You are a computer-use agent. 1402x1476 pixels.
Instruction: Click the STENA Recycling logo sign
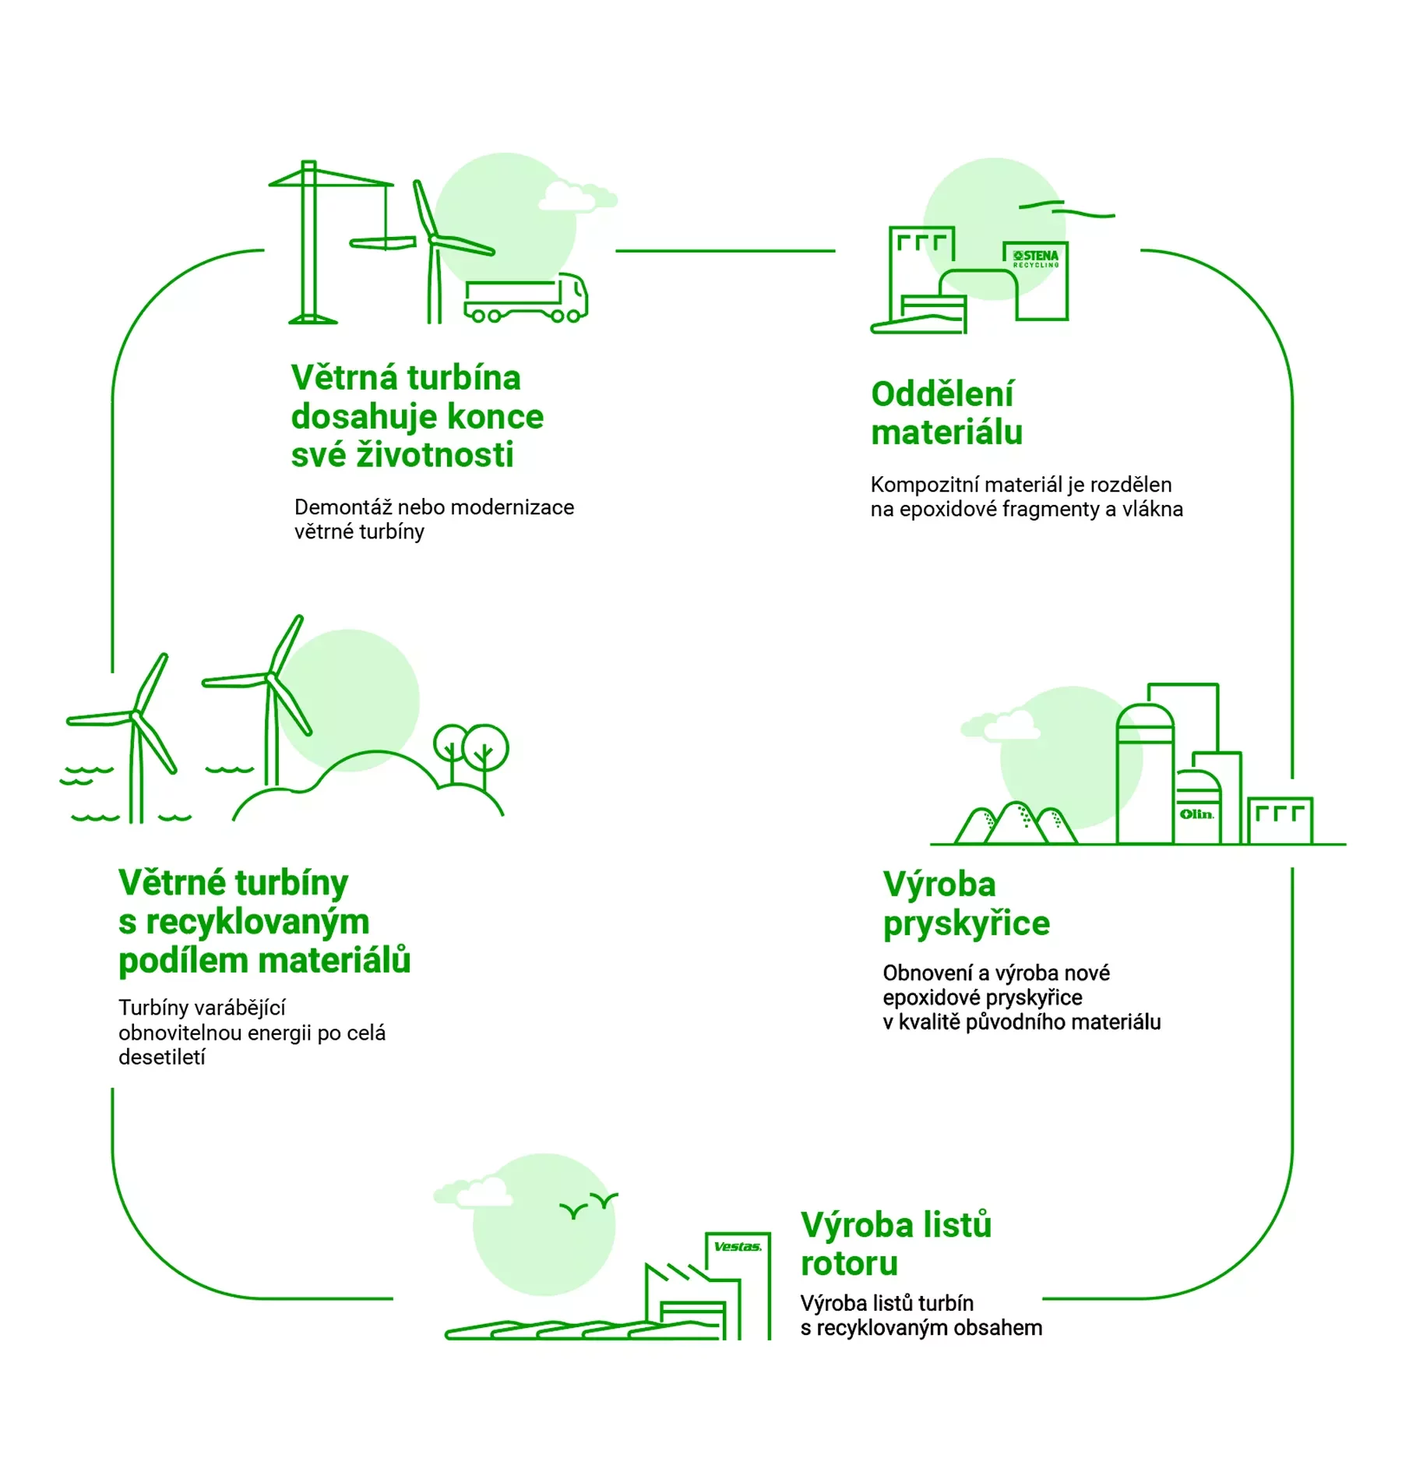(1035, 259)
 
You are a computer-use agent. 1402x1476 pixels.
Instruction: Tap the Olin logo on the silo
(1196, 814)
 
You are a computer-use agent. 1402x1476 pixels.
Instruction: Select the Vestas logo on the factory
(737, 1247)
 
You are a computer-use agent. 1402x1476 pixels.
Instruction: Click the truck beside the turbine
(526, 299)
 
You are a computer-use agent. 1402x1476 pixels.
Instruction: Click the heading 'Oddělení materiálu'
(946, 413)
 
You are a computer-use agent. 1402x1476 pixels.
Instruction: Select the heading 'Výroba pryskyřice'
(966, 904)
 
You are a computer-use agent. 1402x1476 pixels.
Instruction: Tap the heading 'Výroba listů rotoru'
(896, 1244)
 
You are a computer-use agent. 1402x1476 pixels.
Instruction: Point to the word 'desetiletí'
(162, 1058)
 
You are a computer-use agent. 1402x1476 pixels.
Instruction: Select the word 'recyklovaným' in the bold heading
(257, 922)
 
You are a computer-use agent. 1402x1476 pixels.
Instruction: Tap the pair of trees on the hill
(471, 750)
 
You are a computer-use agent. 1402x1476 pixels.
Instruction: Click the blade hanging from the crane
(382, 243)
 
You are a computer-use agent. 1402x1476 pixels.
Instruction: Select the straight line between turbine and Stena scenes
(724, 251)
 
